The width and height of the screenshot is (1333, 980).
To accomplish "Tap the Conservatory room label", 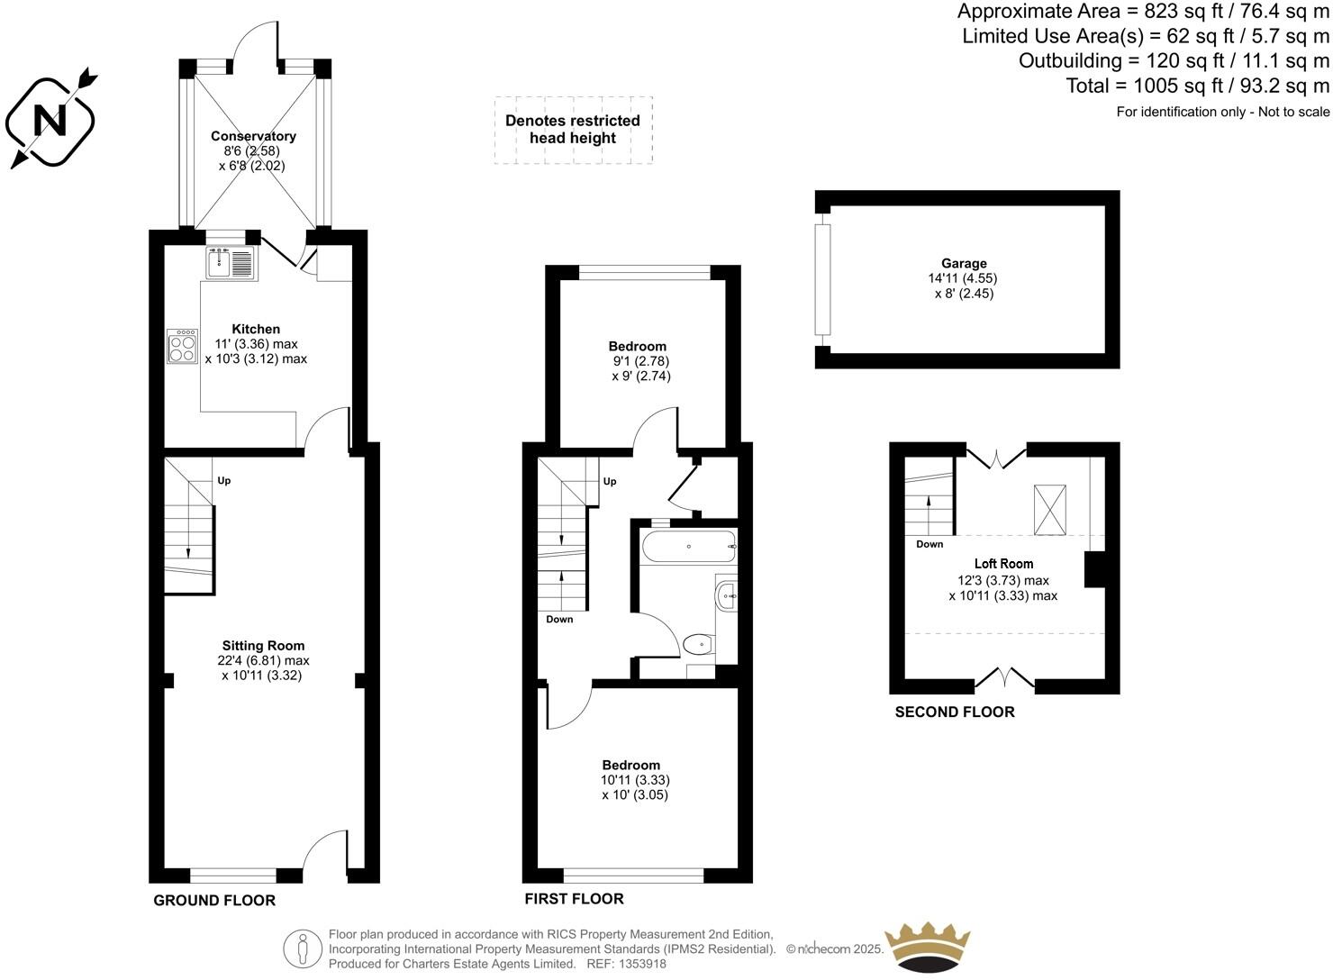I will point(253,136).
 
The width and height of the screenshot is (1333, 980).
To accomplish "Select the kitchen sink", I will point(231,262).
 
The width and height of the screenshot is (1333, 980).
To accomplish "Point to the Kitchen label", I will point(256,329).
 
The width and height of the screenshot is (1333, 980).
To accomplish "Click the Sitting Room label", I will point(263,645).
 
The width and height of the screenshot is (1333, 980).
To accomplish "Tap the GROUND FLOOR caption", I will point(214,900).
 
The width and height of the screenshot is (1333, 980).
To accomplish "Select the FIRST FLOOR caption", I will point(574,898).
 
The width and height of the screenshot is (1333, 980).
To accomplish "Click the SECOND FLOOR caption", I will point(954,712).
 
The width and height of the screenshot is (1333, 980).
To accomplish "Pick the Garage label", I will point(964,263).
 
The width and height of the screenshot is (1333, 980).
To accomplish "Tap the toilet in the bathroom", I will point(698,644).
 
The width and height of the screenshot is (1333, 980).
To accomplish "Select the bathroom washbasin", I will point(727,594).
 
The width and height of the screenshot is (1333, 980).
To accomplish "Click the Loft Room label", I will point(1003,563).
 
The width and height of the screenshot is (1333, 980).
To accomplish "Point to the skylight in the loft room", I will point(1049,509).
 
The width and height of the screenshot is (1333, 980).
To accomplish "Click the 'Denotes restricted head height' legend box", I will point(573,130).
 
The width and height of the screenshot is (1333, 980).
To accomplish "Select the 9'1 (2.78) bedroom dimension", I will point(638,361).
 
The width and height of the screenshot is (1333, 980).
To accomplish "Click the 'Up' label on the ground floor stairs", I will point(223,480).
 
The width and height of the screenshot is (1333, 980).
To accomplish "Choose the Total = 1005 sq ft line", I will point(1197,86).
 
